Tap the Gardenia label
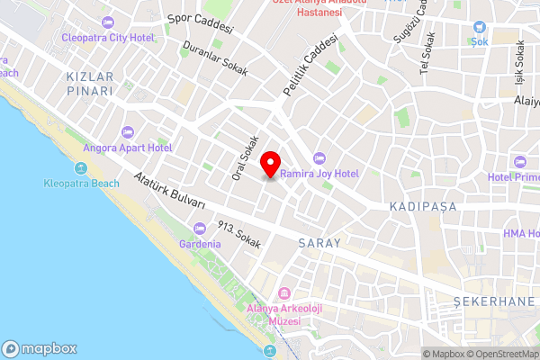[200, 245]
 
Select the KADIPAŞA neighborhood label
[423, 207]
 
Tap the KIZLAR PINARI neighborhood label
[90, 85]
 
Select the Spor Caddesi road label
[201, 23]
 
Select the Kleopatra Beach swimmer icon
[80, 168]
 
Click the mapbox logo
[40, 349]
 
